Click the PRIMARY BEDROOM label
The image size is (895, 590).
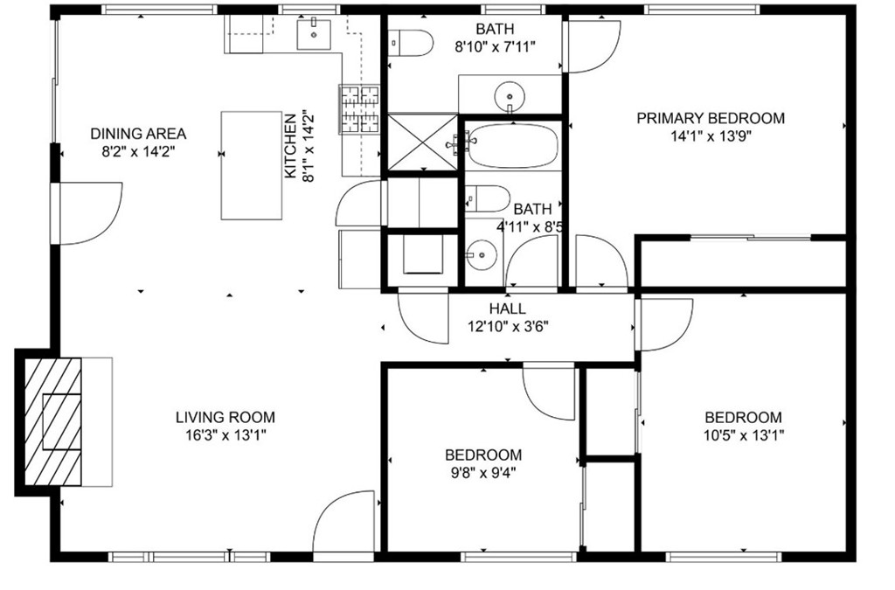[711, 118]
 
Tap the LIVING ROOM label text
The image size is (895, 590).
[225, 417]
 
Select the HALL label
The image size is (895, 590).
[508, 309]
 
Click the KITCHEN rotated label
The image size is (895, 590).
[290, 145]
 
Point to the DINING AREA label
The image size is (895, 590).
[138, 134]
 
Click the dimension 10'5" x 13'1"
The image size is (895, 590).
[743, 435]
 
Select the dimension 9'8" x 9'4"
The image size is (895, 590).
[482, 473]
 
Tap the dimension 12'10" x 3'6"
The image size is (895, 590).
[508, 327]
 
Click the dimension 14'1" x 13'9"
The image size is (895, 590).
[711, 136]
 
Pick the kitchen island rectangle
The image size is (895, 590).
[252, 165]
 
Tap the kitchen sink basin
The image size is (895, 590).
[314, 34]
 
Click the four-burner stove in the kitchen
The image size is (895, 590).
[359, 109]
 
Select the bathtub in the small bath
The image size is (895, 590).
[512, 146]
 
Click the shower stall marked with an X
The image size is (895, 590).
[423, 142]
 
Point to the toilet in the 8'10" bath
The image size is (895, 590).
[410, 43]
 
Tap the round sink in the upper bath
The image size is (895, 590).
[510, 94]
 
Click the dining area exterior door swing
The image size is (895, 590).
[90, 213]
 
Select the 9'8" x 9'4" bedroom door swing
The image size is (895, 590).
[548, 393]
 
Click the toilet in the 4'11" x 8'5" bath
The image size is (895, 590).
[487, 198]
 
